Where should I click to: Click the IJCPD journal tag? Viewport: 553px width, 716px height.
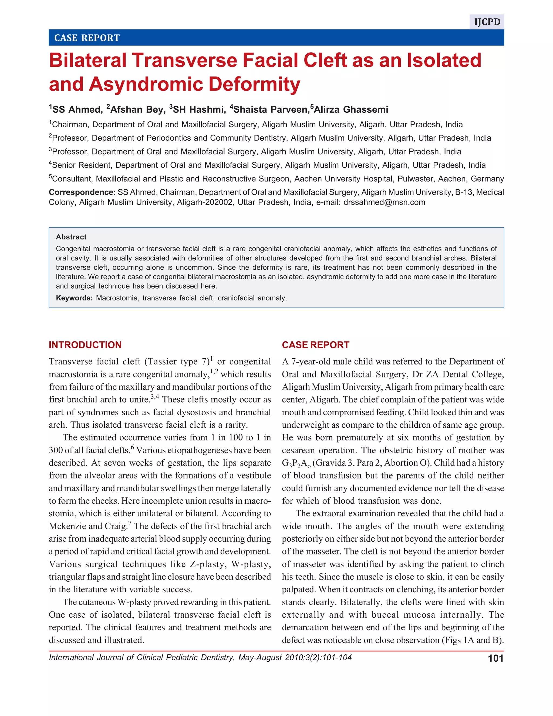tap(487, 22)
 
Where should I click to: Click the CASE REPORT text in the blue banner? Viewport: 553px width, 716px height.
tap(87, 38)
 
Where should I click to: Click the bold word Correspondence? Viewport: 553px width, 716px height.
tap(82, 192)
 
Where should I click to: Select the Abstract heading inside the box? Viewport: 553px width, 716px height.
tap(71, 237)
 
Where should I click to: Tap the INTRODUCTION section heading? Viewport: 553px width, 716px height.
tap(85, 345)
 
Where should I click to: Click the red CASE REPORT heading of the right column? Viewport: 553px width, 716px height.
tap(315, 345)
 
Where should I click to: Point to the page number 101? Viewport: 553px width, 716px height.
tap(495, 658)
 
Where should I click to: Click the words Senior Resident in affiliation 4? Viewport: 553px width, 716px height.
tap(82, 165)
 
